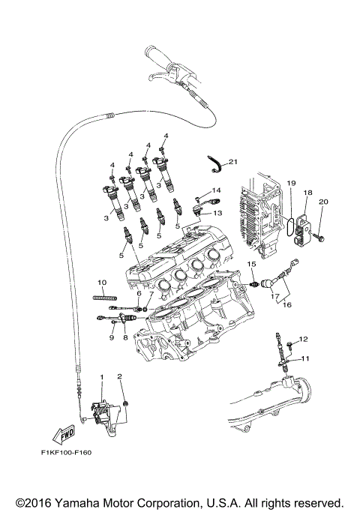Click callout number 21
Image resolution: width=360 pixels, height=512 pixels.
pyautogui.click(x=232, y=161)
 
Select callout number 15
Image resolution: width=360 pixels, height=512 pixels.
pyautogui.click(x=253, y=265)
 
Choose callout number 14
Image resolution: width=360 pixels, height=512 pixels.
pyautogui.click(x=217, y=190)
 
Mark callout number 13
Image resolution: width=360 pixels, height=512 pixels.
pyautogui.click(x=218, y=213)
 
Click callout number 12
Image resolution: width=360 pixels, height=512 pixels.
pyautogui.click(x=304, y=340)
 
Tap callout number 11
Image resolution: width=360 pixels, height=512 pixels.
pyautogui.click(x=304, y=359)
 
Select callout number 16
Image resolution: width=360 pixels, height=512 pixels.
pyautogui.click(x=287, y=306)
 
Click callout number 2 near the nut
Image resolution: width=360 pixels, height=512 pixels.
pyautogui.click(x=118, y=376)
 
